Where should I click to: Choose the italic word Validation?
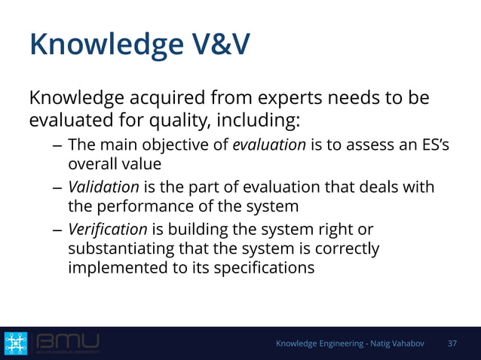[x=103, y=186]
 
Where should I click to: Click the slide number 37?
[x=452, y=343]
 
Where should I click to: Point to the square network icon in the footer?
[x=15, y=343]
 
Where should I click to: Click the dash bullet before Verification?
[x=57, y=229]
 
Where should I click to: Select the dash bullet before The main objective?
[x=57, y=145]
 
